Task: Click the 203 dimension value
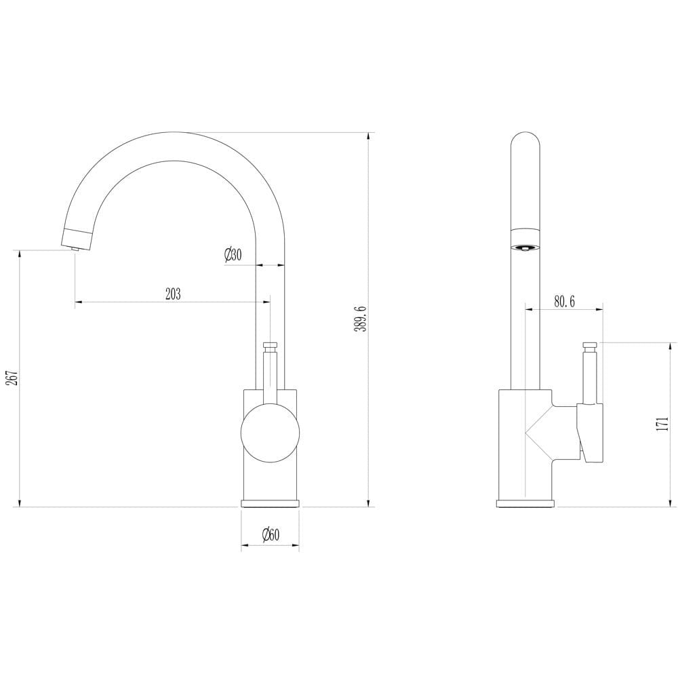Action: pos(173,294)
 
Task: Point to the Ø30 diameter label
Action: pos(233,256)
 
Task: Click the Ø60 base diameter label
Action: pos(270,535)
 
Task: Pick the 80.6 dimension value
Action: pos(563,302)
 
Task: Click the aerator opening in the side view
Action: pos(525,247)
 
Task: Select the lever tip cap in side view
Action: pos(589,346)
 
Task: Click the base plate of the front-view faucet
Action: pos(270,504)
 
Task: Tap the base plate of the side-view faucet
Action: pos(525,504)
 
